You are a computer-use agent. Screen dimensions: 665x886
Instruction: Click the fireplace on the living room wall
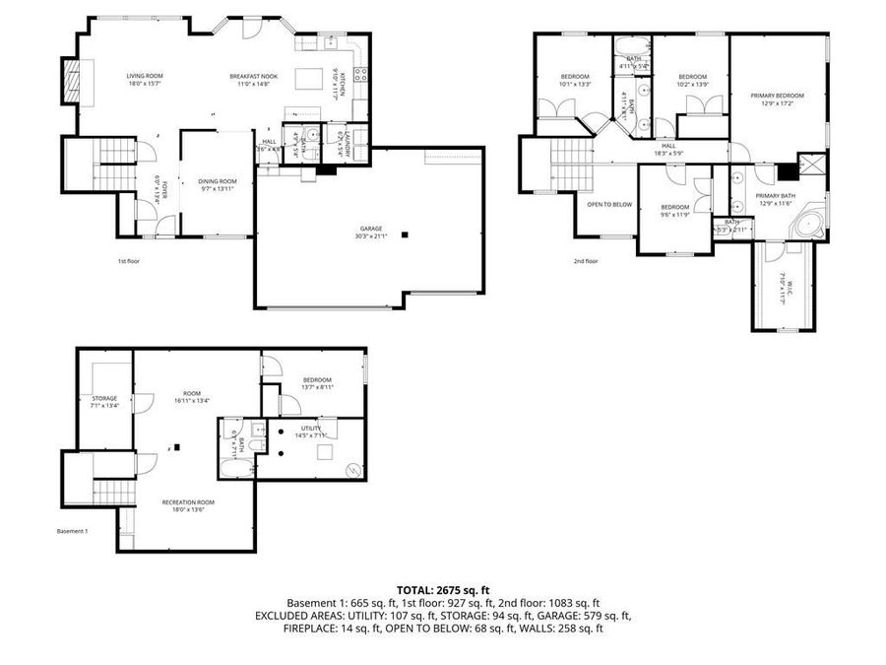[71, 80]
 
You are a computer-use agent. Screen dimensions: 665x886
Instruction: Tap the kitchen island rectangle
[310, 78]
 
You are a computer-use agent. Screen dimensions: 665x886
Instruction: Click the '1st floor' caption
[128, 261]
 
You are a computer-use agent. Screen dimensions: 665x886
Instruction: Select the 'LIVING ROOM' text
[145, 76]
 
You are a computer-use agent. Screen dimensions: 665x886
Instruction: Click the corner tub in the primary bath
[809, 223]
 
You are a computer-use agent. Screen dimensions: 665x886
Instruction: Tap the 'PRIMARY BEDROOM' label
[777, 96]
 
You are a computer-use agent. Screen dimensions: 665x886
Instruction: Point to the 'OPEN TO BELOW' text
[609, 204]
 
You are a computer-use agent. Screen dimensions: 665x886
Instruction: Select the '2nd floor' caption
[586, 261]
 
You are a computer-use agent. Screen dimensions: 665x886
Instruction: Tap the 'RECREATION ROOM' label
[188, 501]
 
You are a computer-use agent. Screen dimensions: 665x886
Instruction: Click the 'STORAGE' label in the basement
[104, 398]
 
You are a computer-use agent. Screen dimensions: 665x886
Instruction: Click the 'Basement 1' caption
[73, 531]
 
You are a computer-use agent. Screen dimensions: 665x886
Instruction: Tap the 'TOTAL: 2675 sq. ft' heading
[442, 588]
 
